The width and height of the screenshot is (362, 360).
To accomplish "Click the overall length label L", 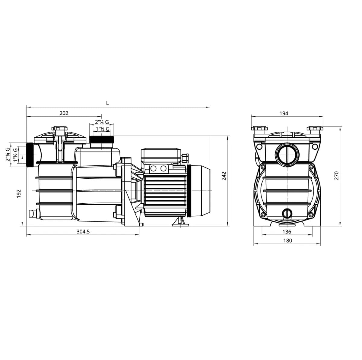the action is click(107, 103).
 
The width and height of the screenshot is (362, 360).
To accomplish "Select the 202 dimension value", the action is click(64, 113).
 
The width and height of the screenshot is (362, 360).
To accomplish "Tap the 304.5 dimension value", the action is click(83, 232).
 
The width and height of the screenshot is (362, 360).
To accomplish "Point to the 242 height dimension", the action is click(224, 176).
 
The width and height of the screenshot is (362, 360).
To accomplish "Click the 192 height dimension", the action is click(19, 194).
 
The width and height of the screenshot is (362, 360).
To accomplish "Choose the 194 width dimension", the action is click(284, 114).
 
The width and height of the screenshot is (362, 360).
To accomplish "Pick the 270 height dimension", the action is click(336, 176).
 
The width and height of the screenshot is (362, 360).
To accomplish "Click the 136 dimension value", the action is click(287, 232).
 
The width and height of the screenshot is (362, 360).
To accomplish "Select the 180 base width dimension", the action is click(287, 240).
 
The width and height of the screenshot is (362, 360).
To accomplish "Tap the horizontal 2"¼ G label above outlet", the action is click(102, 122).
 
